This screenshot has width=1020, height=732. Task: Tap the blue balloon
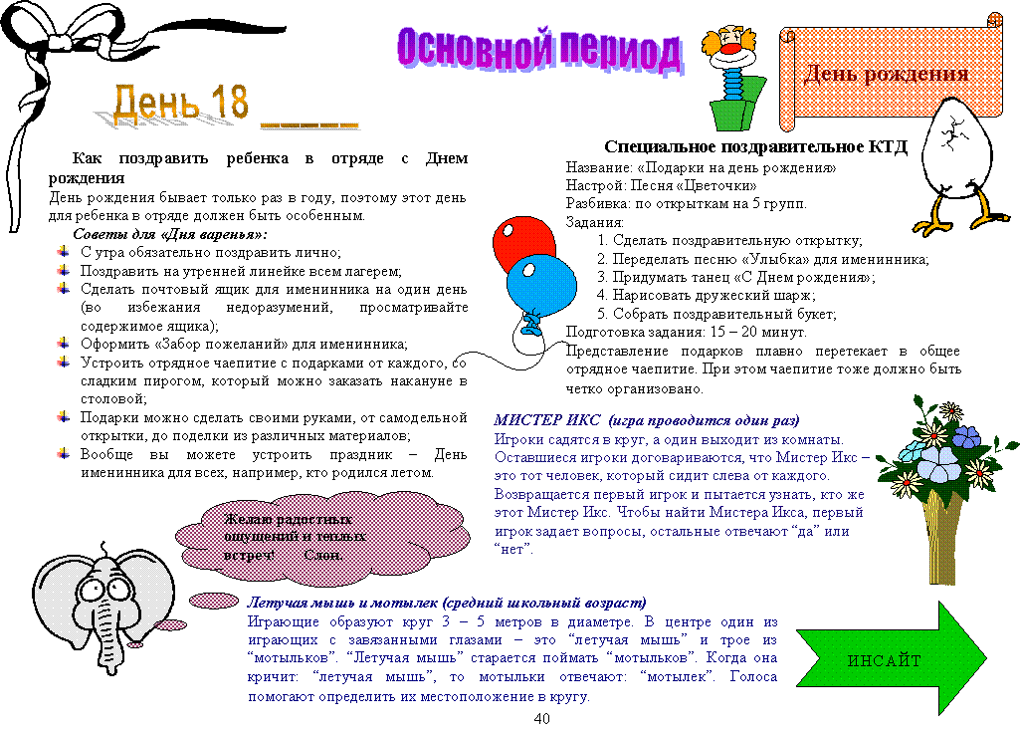coord(541,285)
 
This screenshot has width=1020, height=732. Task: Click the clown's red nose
coord(730,48)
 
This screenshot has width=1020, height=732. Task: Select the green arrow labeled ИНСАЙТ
coord(892,657)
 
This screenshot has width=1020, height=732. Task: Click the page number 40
coord(541,718)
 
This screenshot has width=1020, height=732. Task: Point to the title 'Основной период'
coord(538,50)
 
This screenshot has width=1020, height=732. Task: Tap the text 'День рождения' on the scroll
coord(886,74)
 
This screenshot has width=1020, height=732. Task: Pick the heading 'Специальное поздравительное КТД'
coord(755,146)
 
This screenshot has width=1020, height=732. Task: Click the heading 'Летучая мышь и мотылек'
coord(342,603)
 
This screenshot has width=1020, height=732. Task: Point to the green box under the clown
coord(737,105)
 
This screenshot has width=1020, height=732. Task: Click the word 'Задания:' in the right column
coord(594,222)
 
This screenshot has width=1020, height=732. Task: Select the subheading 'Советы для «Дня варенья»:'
coord(170,234)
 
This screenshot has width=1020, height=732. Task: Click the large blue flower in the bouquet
coord(937,463)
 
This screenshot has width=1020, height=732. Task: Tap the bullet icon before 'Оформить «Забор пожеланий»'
coord(63,344)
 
